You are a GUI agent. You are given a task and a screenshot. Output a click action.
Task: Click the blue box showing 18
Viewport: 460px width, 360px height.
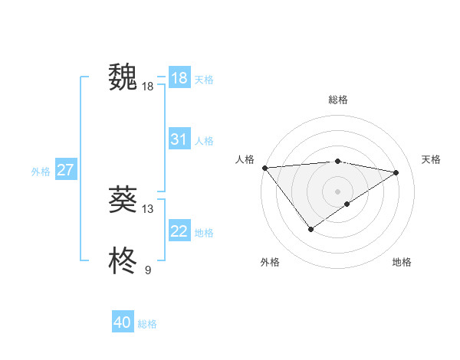tap(179, 78)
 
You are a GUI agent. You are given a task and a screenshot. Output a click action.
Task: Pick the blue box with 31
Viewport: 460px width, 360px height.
tap(179, 139)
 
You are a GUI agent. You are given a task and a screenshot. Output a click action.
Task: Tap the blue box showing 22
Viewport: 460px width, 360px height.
tap(179, 231)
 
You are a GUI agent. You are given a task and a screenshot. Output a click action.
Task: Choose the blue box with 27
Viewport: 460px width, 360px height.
tap(65, 170)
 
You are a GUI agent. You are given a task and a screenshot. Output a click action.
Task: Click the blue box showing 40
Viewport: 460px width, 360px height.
tap(123, 322)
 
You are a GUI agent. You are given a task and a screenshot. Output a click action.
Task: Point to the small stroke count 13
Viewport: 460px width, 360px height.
tap(148, 208)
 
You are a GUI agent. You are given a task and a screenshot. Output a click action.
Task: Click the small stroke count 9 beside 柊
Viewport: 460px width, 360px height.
tap(148, 270)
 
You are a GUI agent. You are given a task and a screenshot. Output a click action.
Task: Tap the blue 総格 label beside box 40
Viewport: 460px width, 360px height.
tap(147, 324)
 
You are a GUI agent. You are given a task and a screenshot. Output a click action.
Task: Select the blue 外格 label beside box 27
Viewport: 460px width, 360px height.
tap(41, 172)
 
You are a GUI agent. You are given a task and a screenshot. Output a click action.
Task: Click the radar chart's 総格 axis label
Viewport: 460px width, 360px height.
tap(337, 100)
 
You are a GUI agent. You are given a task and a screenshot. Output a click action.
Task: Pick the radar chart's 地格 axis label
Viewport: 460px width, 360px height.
tap(402, 262)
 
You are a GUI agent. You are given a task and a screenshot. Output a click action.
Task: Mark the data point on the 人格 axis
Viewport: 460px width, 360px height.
tap(264, 167)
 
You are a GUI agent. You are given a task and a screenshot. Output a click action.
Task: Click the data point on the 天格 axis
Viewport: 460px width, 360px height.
tap(396, 172)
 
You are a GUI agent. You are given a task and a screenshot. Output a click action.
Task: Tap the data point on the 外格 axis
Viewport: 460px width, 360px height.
tap(310, 228)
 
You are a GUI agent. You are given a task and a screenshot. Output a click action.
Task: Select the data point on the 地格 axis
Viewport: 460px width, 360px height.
tap(347, 204)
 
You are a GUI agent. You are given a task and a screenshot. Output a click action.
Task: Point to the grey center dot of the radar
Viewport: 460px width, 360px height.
tap(337, 191)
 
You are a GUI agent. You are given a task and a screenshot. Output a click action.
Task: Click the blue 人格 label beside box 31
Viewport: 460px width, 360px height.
tap(204, 141)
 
